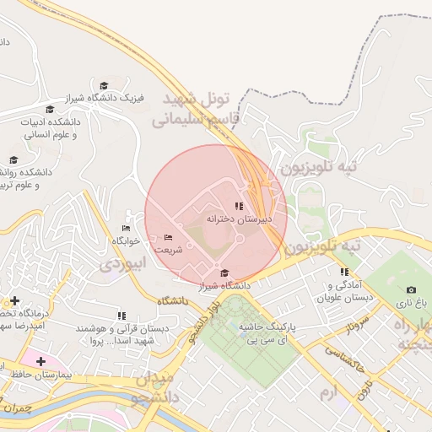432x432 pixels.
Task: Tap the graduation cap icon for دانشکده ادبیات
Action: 50,110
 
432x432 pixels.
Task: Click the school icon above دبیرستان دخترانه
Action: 240,205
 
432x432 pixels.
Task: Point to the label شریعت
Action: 167,250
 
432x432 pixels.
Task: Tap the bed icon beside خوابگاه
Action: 127,229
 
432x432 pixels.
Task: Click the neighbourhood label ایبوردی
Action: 123,263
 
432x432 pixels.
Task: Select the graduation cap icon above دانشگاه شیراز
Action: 224,273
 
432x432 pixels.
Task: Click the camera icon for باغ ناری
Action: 411,290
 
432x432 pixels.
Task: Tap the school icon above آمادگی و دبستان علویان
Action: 344,272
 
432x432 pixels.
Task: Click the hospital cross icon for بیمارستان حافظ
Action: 40,361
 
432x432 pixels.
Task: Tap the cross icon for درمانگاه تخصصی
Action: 14,300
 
